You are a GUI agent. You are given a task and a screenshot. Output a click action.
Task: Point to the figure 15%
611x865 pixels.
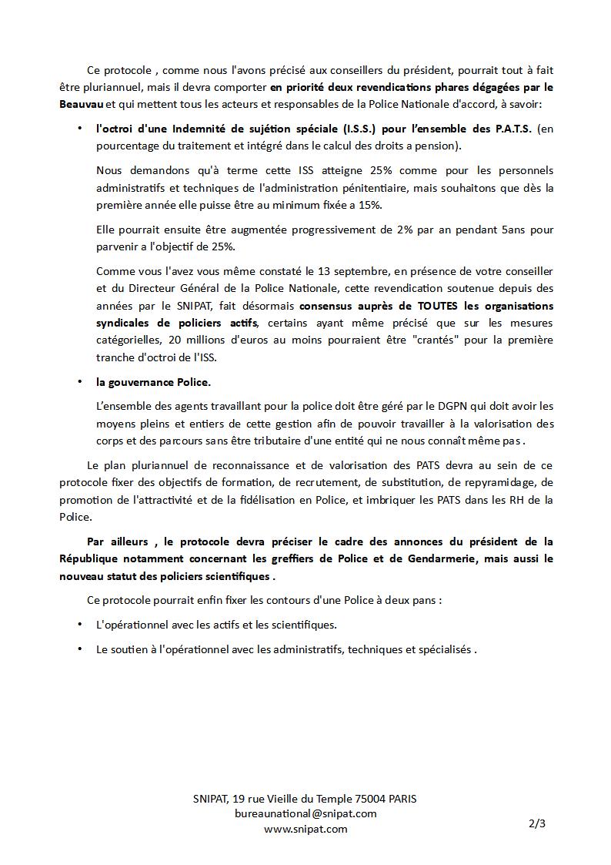tap(367, 205)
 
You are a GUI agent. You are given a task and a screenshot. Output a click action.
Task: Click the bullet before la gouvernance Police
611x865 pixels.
tap(80, 382)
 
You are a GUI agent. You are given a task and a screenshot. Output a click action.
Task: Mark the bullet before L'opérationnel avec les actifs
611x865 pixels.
tap(80, 625)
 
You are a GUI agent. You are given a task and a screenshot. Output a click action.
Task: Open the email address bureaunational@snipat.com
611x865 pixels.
tap(305, 813)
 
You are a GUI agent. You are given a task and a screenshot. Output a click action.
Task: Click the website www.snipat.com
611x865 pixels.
tap(305, 829)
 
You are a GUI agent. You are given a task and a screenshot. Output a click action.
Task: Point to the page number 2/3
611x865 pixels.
tap(537, 823)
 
